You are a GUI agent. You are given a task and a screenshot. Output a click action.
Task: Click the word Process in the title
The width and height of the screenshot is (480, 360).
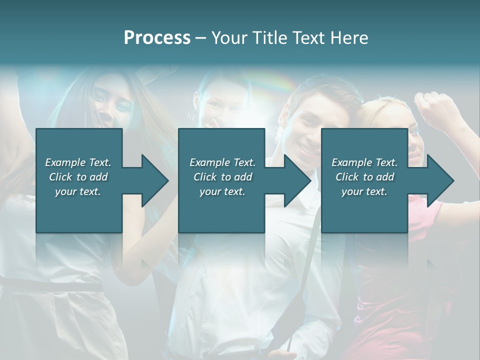(157, 38)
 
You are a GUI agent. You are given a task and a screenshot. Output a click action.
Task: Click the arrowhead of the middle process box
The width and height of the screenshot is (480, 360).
(297, 180)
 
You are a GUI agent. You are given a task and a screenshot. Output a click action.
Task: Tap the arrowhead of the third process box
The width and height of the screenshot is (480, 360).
(440, 180)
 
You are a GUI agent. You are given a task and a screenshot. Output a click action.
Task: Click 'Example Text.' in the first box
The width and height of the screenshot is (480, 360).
(78, 162)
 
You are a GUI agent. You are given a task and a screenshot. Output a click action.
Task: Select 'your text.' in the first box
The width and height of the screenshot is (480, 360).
(78, 191)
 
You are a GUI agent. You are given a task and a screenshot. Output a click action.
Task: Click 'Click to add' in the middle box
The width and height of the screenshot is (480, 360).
(222, 177)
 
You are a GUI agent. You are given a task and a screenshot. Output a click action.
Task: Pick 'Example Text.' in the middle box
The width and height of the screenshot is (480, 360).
(222, 162)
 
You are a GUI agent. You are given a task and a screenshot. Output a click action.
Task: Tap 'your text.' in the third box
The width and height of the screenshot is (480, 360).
(364, 191)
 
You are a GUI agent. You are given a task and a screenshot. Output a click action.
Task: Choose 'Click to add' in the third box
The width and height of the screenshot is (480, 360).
(364, 177)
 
